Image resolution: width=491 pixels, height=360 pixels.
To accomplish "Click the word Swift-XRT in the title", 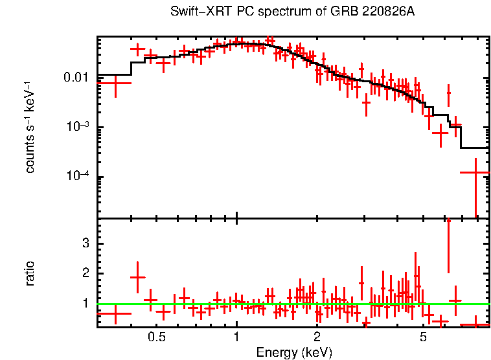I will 194,12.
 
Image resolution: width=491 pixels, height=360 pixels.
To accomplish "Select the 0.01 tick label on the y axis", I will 77,78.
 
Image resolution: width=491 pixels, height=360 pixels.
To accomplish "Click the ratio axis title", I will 30,273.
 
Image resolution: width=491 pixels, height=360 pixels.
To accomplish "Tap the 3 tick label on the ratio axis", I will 84,243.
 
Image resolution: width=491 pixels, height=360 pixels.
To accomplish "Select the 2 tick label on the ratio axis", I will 84,274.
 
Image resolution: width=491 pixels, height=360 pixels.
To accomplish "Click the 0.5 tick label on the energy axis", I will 157,337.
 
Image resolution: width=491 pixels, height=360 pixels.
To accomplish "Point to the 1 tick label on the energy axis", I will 236,337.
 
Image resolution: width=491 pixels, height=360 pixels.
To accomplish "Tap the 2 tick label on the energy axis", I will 317,337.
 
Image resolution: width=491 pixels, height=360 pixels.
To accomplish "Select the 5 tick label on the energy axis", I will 422,337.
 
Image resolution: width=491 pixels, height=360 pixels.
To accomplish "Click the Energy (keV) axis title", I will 294,352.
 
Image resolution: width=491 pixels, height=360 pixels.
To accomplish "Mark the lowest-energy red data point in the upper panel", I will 115,83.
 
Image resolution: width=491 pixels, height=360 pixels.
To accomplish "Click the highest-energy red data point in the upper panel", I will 476,173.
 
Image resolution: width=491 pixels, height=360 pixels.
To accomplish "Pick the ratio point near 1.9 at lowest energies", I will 137,277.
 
